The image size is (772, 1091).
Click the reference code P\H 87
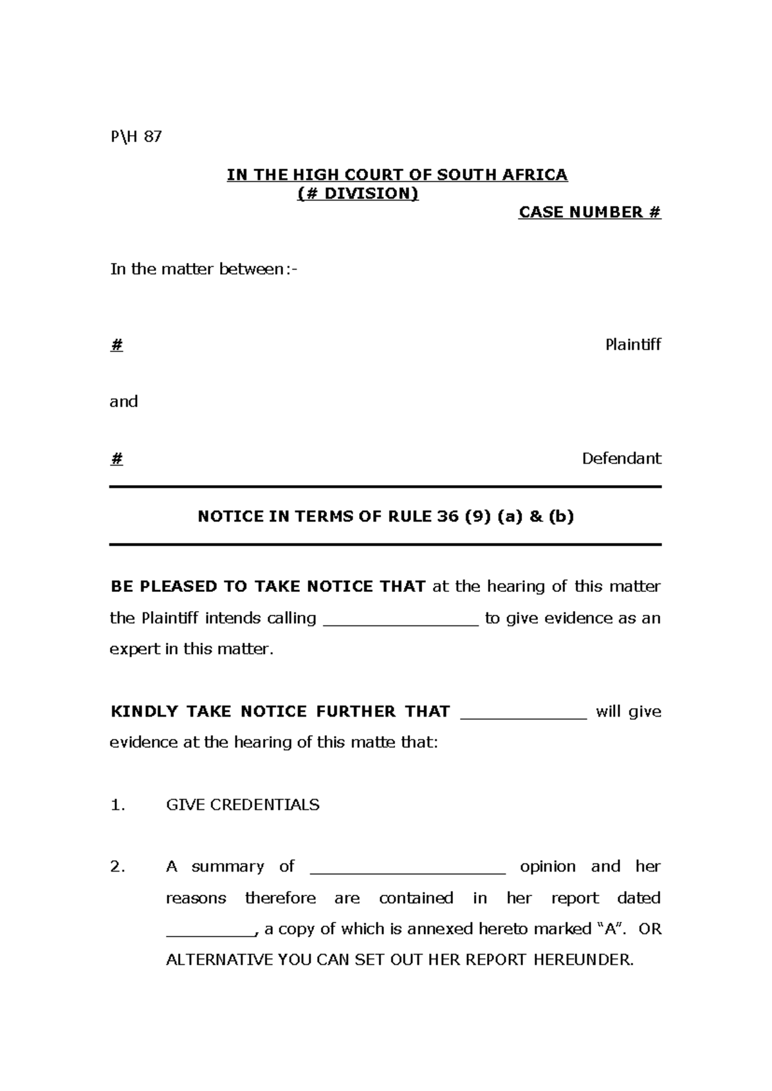pyautogui.click(x=136, y=137)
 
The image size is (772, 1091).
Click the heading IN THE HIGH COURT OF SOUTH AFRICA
pyautogui.click(x=397, y=175)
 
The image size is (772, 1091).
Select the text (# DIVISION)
pyautogui.click(x=358, y=194)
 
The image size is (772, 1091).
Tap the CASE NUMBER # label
pyautogui.click(x=589, y=213)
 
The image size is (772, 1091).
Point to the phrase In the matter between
pyautogui.click(x=203, y=270)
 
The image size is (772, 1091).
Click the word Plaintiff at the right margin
pyautogui.click(x=633, y=345)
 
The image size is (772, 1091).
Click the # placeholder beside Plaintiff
pyautogui.click(x=116, y=345)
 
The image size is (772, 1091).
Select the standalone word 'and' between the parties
pyautogui.click(x=124, y=402)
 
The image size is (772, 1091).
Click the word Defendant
pyautogui.click(x=621, y=459)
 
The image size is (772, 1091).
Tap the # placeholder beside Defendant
pyautogui.click(x=116, y=459)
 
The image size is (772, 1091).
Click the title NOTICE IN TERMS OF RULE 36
pyautogui.click(x=385, y=517)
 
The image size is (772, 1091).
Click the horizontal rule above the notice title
pyautogui.click(x=385, y=487)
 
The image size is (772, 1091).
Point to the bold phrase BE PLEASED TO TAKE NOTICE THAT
pyautogui.click(x=268, y=587)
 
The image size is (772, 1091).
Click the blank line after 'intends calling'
pyautogui.click(x=400, y=623)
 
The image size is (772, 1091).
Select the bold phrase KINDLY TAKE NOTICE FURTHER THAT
pyautogui.click(x=280, y=711)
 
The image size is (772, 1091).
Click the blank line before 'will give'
pyautogui.click(x=524, y=716)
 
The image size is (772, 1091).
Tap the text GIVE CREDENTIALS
pyautogui.click(x=243, y=805)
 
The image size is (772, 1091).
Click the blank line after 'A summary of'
pyautogui.click(x=408, y=872)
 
